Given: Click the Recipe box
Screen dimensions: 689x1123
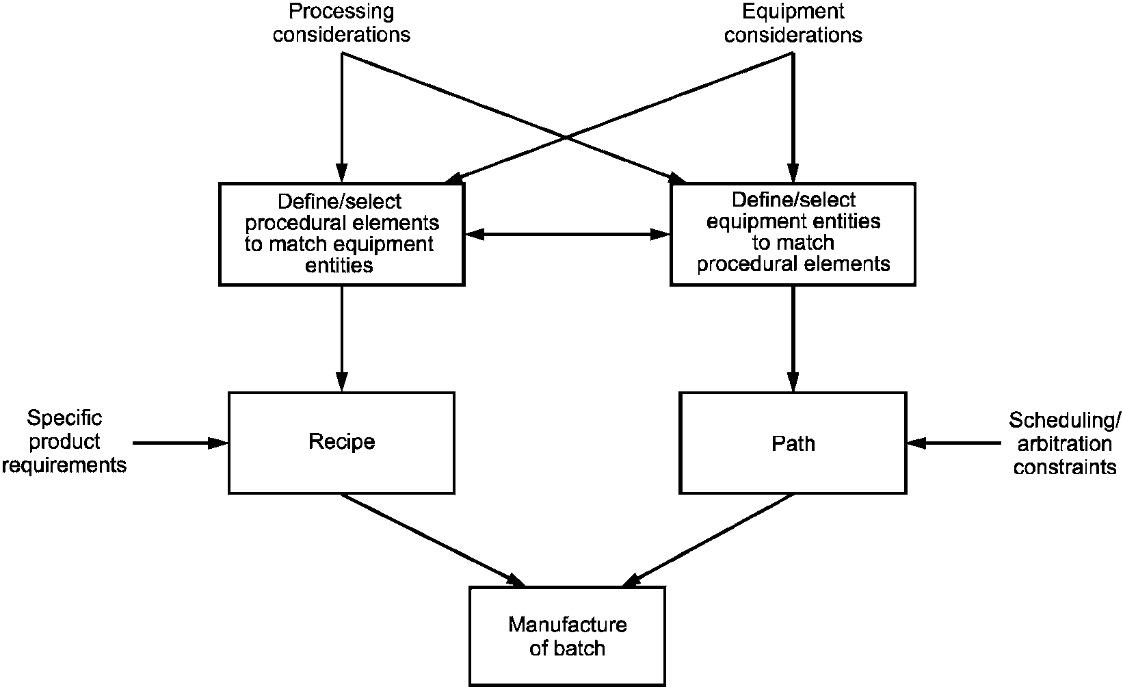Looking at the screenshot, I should coord(341,442).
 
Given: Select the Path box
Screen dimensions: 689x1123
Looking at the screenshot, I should coord(793,443).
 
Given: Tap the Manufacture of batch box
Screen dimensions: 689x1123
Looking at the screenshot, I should coord(567,636).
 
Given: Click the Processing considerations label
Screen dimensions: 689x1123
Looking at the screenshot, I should coord(341,23).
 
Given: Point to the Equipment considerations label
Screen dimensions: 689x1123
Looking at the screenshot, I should coord(793,23).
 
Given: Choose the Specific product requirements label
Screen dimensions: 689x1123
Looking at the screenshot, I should coord(64,441).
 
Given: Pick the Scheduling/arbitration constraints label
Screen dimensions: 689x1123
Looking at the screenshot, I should coord(1064,443).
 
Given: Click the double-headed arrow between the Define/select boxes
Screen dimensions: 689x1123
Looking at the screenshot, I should coord(568,234).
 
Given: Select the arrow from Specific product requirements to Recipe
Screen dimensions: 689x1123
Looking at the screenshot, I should coord(179,443).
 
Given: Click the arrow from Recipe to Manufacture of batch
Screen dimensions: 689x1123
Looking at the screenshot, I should coord(432,539).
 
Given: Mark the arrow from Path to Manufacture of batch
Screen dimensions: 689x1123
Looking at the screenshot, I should coord(709,539).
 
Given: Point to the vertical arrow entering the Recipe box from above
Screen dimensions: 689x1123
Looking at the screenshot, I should coord(341,338).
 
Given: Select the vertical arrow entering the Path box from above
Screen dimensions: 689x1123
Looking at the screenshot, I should coord(793,338).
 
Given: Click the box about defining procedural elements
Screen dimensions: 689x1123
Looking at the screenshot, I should coord(341,233).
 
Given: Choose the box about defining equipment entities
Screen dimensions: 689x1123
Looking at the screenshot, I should coord(793,233).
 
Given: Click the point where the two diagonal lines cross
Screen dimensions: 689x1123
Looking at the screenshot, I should coord(567,138).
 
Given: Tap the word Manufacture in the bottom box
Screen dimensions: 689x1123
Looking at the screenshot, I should coord(567,625).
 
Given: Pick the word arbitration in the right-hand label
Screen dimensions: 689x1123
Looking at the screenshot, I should coord(1064,444).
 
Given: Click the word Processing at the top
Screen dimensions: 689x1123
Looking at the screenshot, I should coord(341,11).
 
